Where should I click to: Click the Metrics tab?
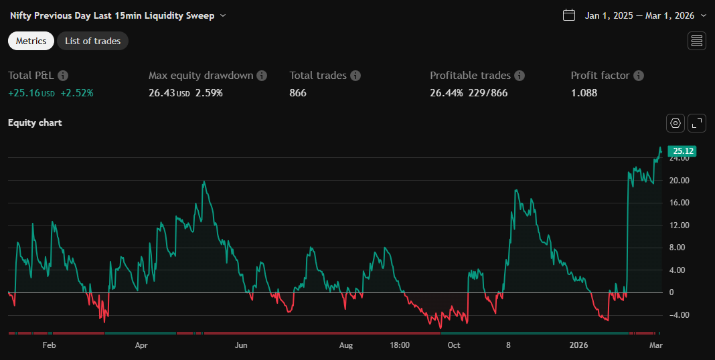click(x=31, y=41)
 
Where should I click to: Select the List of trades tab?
click(x=92, y=41)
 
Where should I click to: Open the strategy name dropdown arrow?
click(x=223, y=15)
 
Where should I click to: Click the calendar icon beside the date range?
click(x=569, y=15)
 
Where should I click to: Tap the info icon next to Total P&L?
click(x=63, y=76)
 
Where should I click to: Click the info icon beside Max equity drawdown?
click(x=262, y=76)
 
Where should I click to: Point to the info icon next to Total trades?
click(x=355, y=76)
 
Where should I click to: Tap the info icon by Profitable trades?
click(x=520, y=76)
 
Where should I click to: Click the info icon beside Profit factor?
click(x=639, y=76)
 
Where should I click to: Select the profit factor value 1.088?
click(x=584, y=93)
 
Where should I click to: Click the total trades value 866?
click(x=298, y=93)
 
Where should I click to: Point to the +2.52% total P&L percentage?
click(x=77, y=93)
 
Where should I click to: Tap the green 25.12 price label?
click(x=682, y=151)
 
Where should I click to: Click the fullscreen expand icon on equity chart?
click(x=697, y=123)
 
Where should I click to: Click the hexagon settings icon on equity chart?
click(x=676, y=123)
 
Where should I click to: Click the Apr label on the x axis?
click(x=141, y=345)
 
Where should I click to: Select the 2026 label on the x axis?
click(x=578, y=345)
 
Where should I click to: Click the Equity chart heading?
click(x=35, y=122)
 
